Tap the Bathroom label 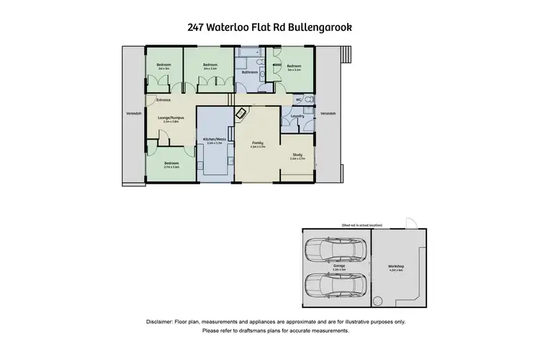click(x=250, y=72)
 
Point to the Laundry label click(x=297, y=116)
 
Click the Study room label click(x=297, y=154)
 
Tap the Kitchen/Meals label click(x=215, y=140)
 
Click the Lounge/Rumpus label click(x=170, y=117)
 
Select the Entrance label click(x=163, y=100)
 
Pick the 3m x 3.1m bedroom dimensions click(x=293, y=70)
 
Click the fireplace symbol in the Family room click(x=243, y=114)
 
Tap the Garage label click(x=338, y=266)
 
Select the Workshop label click(x=396, y=266)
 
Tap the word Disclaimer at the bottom click(x=163, y=321)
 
